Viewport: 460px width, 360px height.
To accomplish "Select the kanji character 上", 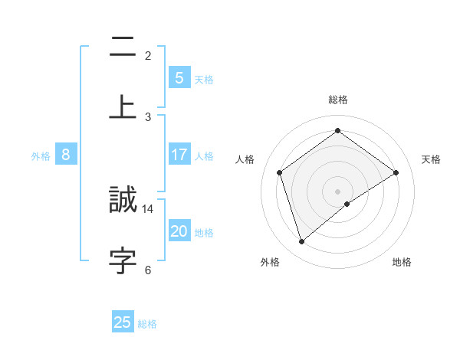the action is click(123, 106).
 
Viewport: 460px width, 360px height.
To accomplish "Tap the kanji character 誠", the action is click(123, 201).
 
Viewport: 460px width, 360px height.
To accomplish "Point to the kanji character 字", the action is click(123, 260).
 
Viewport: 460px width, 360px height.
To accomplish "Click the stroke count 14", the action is click(148, 208).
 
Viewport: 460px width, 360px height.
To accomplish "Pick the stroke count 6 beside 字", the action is click(148, 269).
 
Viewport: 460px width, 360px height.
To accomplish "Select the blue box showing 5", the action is click(179, 77).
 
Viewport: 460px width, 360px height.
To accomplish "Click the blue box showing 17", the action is click(179, 155).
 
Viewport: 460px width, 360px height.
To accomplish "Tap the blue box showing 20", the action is click(179, 231).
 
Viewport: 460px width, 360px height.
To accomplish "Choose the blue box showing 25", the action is click(123, 322).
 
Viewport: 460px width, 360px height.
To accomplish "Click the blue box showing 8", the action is click(66, 155).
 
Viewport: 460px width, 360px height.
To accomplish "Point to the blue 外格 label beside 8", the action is click(41, 156).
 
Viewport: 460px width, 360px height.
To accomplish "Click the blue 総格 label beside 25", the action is click(147, 324).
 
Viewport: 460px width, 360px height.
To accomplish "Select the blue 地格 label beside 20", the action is click(205, 233).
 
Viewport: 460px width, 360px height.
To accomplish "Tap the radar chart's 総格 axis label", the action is click(338, 100).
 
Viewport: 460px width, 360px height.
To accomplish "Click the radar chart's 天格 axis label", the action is click(432, 159).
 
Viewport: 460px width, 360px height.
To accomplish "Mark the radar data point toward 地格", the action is click(347, 204).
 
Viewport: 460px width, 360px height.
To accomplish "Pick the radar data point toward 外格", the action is click(302, 242).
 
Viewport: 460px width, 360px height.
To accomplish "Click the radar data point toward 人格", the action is click(280, 172).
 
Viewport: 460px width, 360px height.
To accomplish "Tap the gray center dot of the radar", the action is click(338, 191).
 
